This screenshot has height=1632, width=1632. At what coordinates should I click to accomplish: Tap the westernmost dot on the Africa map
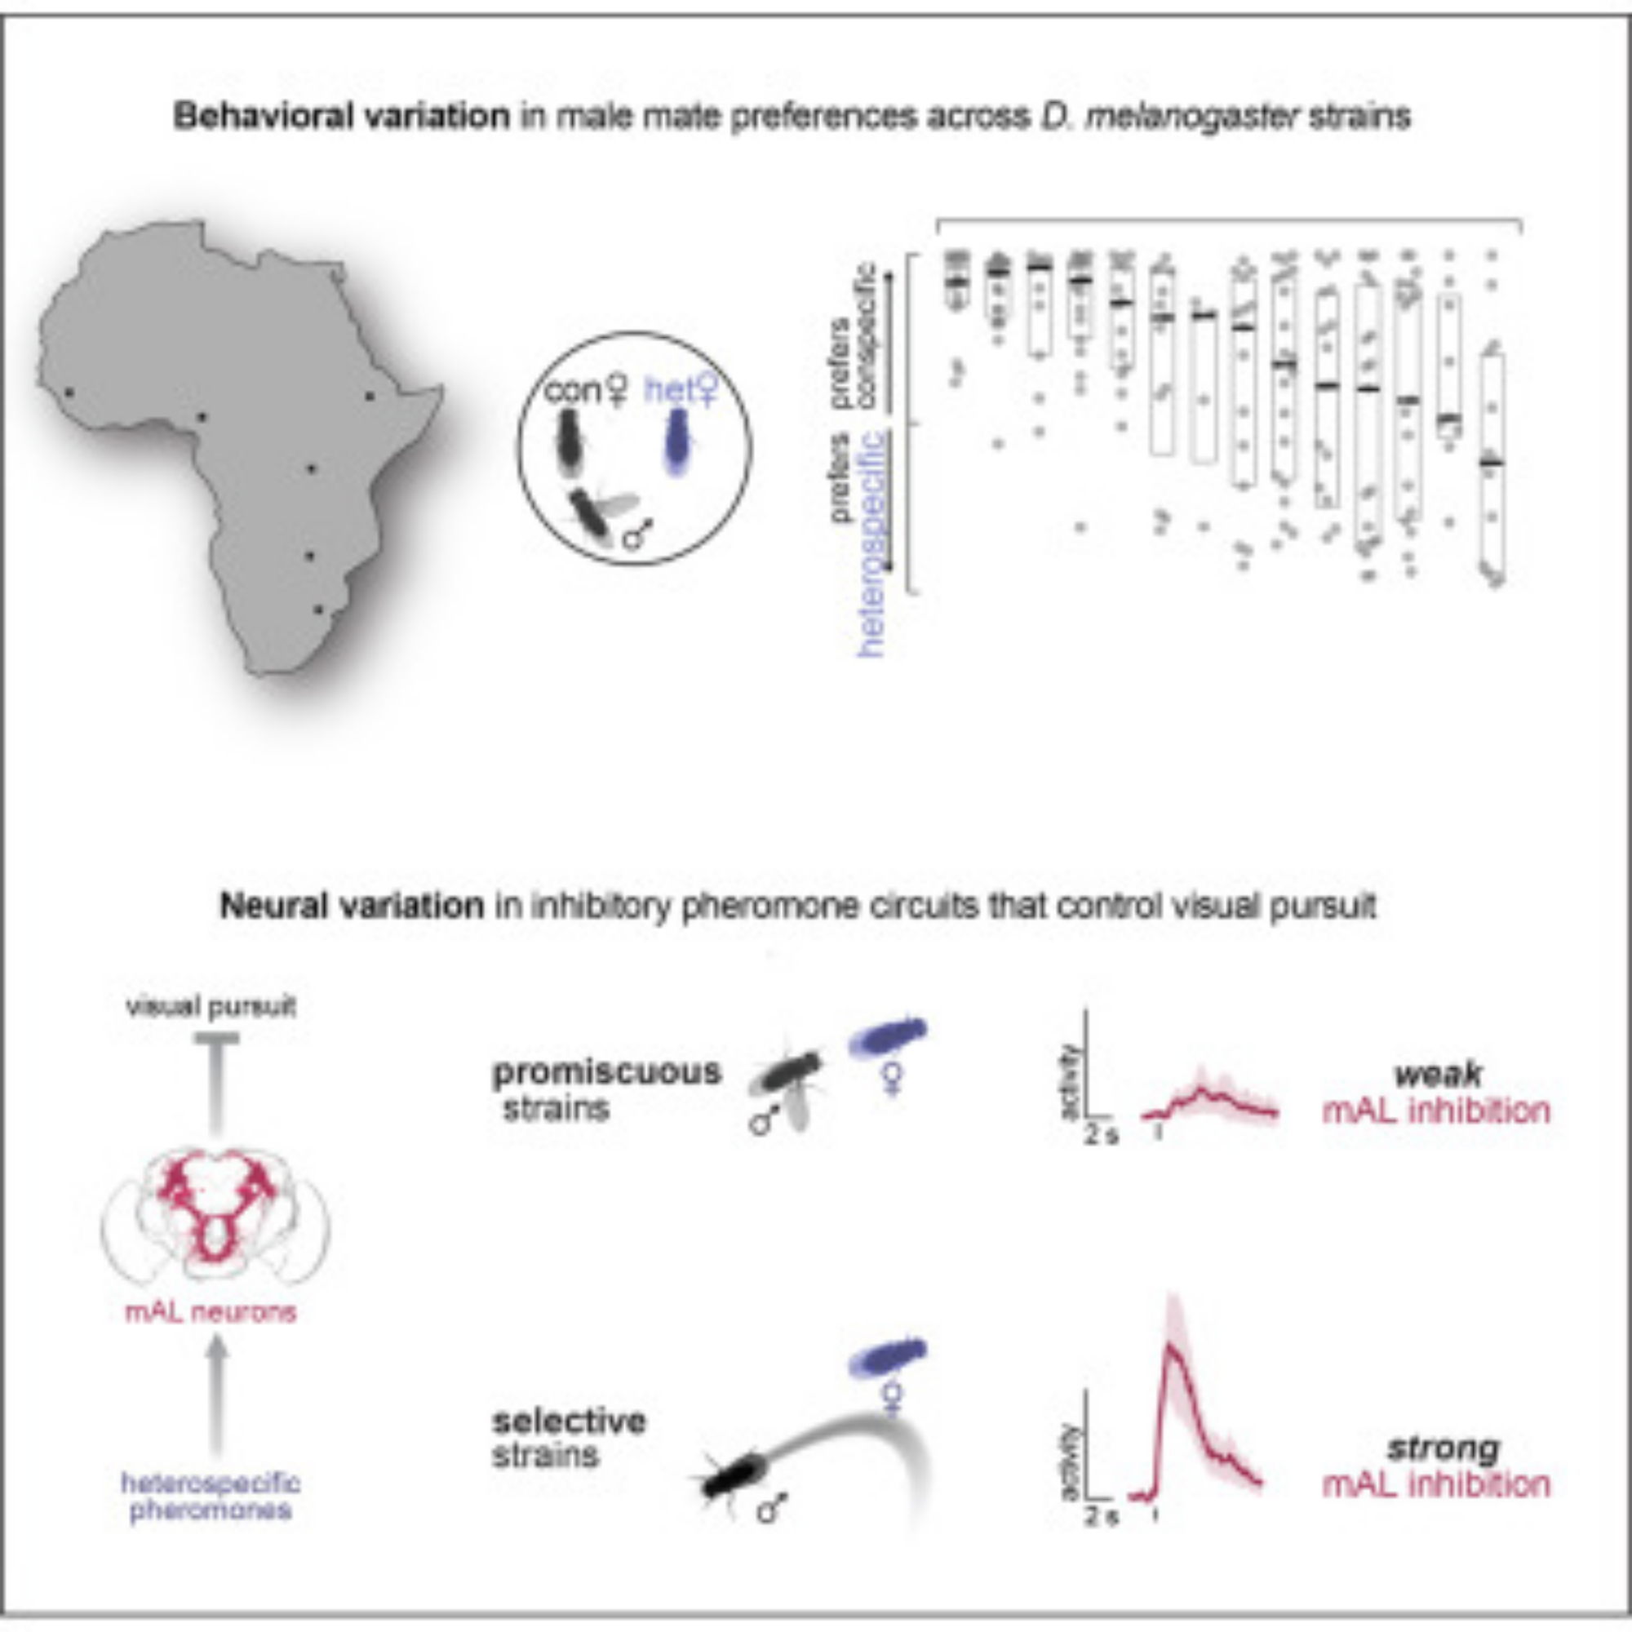point(69,392)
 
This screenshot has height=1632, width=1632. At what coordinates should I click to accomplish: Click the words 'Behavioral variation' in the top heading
point(341,116)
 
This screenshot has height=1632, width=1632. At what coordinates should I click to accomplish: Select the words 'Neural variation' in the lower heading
point(352,906)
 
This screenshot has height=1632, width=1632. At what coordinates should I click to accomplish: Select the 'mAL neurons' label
point(211,1312)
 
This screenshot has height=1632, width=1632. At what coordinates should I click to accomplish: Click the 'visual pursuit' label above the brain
point(211,1007)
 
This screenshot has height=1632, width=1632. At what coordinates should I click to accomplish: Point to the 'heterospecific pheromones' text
point(211,1496)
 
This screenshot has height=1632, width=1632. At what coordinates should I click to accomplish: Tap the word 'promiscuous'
point(606,1072)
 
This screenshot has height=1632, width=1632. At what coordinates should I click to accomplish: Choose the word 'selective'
point(570,1421)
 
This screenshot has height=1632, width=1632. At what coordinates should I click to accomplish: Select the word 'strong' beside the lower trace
point(1443,1448)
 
